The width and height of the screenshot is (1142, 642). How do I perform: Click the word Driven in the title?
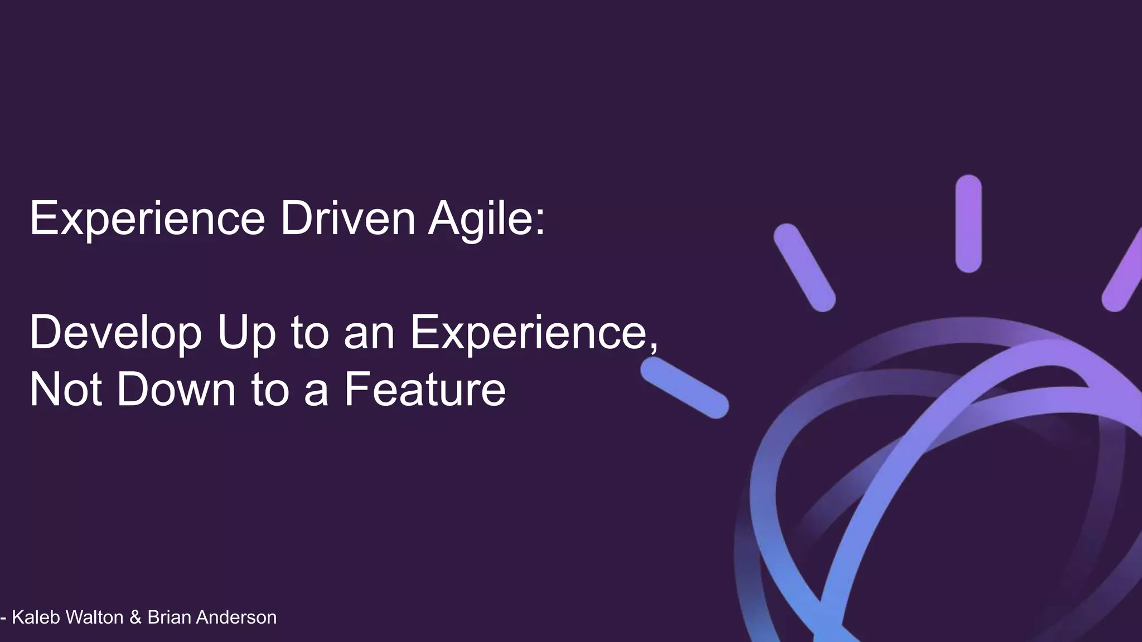[x=347, y=218]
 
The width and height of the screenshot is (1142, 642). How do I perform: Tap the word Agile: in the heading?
[x=486, y=220]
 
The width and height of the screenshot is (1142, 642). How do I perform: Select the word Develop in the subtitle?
[x=115, y=333]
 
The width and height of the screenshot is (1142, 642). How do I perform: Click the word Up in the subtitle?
[x=246, y=333]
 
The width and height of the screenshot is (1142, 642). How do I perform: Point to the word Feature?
[x=424, y=390]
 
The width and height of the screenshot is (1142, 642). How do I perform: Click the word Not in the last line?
[x=65, y=390]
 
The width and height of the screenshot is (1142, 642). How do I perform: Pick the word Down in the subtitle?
[x=176, y=390]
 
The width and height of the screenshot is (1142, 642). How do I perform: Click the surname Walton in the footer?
[x=94, y=617]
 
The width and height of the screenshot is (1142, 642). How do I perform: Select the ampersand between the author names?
[x=135, y=617]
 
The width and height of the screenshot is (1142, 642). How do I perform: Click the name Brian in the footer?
[x=169, y=617]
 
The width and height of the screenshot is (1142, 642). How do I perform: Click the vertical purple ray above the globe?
[x=968, y=224]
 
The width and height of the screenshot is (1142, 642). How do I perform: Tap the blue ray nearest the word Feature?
[x=684, y=388]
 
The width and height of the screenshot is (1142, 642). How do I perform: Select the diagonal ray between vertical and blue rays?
[x=804, y=267]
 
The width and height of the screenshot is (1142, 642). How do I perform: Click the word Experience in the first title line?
[x=147, y=220]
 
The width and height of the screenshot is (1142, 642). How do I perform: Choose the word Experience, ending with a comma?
[x=534, y=333]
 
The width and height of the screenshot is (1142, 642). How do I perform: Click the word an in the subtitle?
[x=369, y=333]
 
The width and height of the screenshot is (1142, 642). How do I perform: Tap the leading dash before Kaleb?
[x=4, y=618]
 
